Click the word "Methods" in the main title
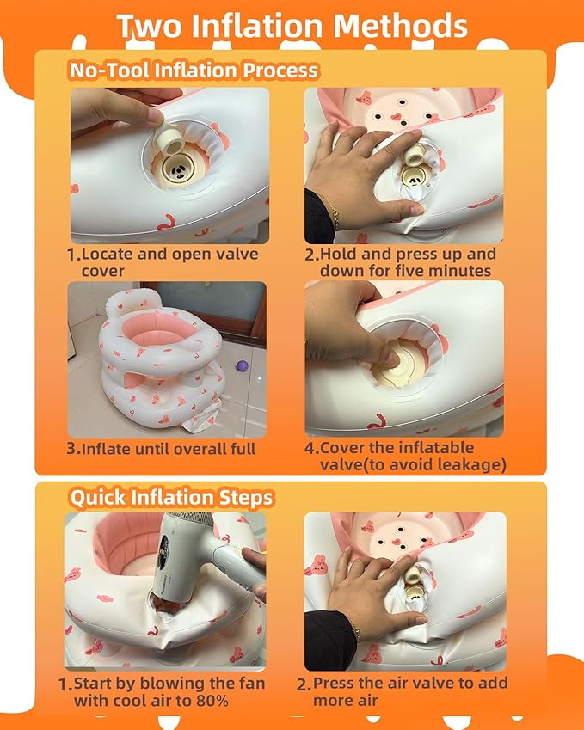[400, 26]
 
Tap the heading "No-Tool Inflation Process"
[194, 71]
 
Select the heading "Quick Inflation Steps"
[171, 497]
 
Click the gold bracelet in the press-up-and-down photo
[334, 212]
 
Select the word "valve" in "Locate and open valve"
[237, 255]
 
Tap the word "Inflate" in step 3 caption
[105, 450]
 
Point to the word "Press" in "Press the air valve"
[334, 683]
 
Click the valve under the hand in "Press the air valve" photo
[413, 585]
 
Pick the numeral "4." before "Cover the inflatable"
[311, 448]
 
